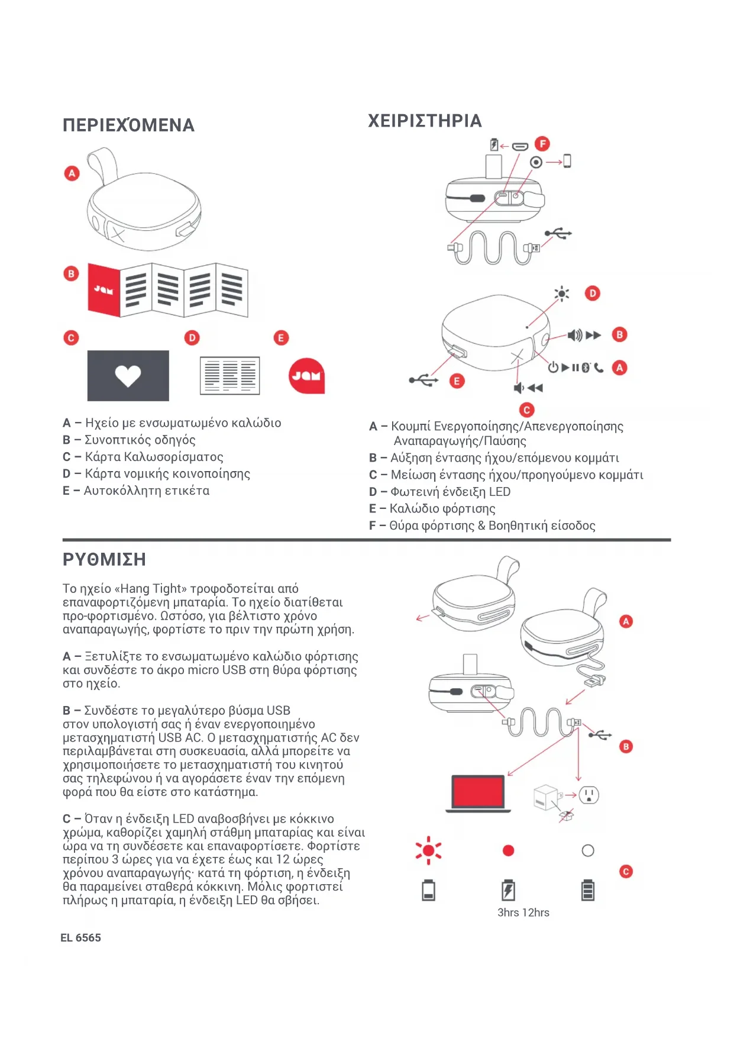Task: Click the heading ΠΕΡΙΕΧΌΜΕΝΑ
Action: pyautogui.click(x=128, y=125)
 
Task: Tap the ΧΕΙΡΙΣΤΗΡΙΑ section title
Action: pyautogui.click(x=425, y=121)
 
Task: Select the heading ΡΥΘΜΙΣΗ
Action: pyautogui.click(x=104, y=559)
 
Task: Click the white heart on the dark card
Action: pyautogui.click(x=128, y=375)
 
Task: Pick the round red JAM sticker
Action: pyautogui.click(x=306, y=375)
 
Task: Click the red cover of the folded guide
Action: pyautogui.click(x=104, y=289)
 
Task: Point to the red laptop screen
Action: pyautogui.click(x=478, y=792)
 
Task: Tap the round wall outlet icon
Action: pyautogui.click(x=589, y=795)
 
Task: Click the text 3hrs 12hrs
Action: pyautogui.click(x=523, y=913)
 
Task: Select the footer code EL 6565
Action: pyautogui.click(x=80, y=937)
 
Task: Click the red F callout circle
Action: pyautogui.click(x=542, y=144)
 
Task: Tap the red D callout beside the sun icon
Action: pyautogui.click(x=592, y=293)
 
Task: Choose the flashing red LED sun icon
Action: pyautogui.click(x=428, y=851)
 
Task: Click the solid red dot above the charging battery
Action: pyautogui.click(x=508, y=850)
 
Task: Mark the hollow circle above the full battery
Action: pyautogui.click(x=588, y=850)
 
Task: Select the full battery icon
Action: pyautogui.click(x=588, y=890)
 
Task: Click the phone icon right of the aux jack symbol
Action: pyautogui.click(x=567, y=161)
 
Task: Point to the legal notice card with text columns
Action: pyautogui.click(x=229, y=375)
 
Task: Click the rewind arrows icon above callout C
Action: pyautogui.click(x=535, y=388)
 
